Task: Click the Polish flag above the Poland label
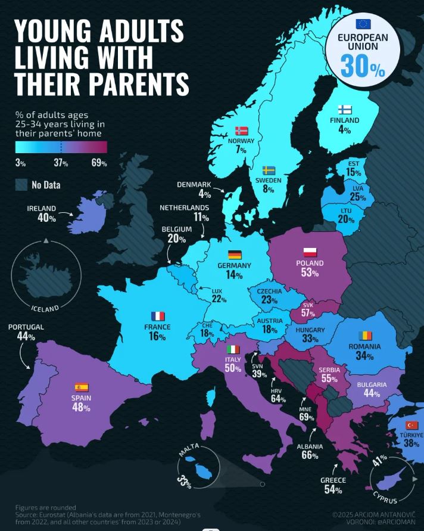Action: tap(310, 251)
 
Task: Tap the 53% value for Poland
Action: tap(310, 273)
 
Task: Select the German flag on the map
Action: tap(235, 254)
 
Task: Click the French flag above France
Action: tap(158, 316)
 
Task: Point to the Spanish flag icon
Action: tap(82, 387)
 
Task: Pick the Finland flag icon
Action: tap(344, 109)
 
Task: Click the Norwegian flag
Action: tap(241, 131)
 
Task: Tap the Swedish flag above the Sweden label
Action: tap(269, 170)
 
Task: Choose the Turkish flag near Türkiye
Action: tap(411, 425)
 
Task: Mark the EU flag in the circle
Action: tap(363, 24)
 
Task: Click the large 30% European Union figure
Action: tap(363, 66)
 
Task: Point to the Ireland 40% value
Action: tap(47, 218)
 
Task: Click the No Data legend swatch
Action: tap(21, 184)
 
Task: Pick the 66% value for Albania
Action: tap(310, 456)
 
